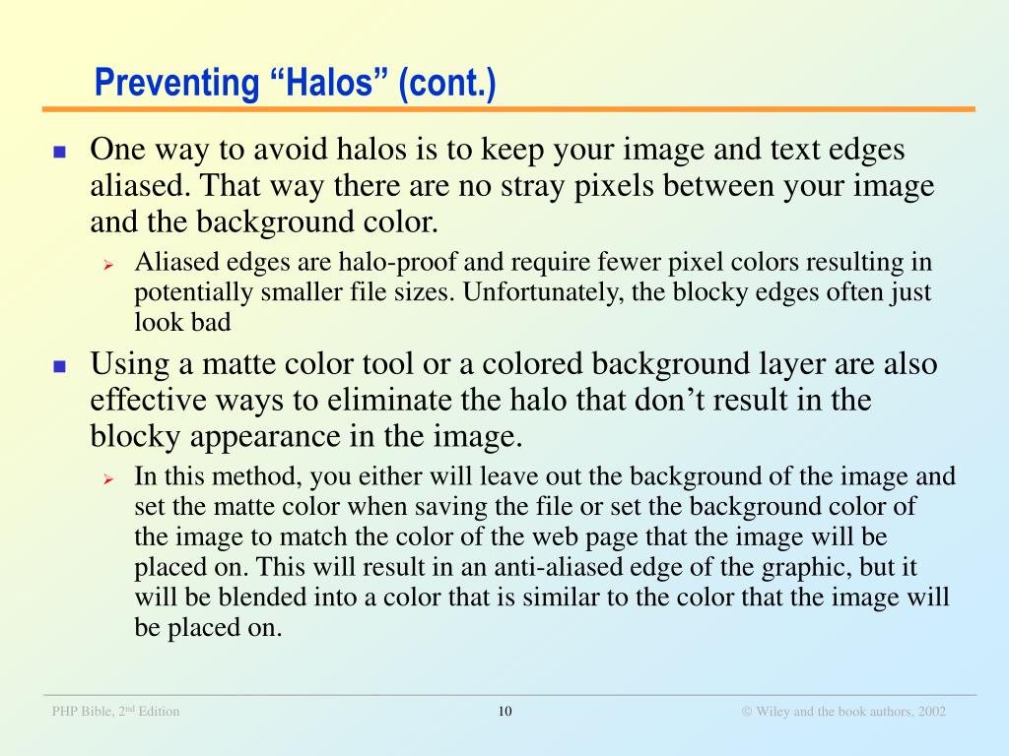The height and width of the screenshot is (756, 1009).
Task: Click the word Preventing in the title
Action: pyautogui.click(x=177, y=84)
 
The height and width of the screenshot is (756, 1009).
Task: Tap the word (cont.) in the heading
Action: pyautogui.click(x=447, y=84)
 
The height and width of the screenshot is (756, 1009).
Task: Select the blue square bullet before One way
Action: pyautogui.click(x=60, y=153)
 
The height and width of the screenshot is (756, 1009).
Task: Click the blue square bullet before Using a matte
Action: pyautogui.click(x=60, y=366)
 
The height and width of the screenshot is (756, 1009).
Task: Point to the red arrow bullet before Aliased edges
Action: pyautogui.click(x=108, y=264)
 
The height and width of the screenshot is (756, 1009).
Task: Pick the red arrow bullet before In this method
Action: pyautogui.click(x=108, y=479)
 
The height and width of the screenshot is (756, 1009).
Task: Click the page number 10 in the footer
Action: pyautogui.click(x=505, y=711)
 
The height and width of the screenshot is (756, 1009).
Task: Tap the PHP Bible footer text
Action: pyautogui.click(x=116, y=711)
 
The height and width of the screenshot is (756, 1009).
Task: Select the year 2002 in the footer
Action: pyautogui.click(x=932, y=711)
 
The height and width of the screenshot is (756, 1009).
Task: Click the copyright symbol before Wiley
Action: pyautogui.click(x=747, y=712)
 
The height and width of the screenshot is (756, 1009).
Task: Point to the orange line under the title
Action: pyautogui.click(x=509, y=110)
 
